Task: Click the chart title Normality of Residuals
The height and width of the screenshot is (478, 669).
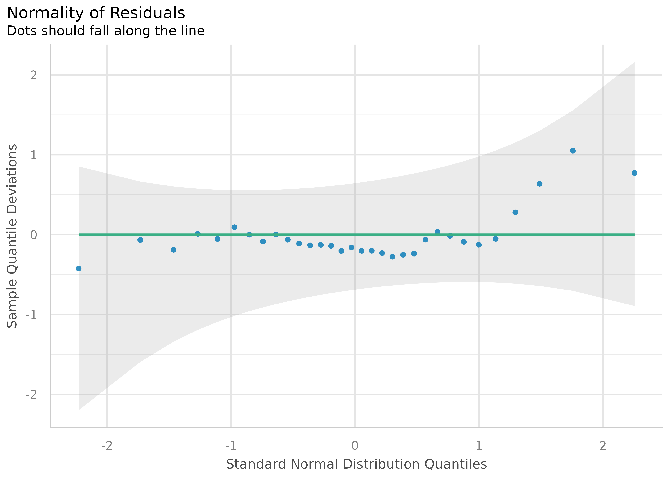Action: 96,13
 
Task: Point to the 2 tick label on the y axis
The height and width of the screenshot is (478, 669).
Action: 34,75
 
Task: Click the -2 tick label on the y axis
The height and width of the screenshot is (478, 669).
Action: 32,394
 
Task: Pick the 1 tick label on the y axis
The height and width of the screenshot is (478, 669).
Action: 34,155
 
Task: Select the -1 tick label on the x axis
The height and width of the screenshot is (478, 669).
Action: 231,446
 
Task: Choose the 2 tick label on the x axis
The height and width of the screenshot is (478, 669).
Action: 603,446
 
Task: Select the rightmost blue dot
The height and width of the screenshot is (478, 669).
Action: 635,173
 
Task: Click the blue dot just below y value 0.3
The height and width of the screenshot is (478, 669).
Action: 515,212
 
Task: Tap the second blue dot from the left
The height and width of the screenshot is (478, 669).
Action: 140,240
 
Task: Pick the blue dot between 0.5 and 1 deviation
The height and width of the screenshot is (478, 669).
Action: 540,184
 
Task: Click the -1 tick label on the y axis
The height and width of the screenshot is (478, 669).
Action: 32,315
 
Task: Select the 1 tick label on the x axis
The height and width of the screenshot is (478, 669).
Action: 479,446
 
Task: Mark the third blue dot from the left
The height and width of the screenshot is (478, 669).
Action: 174,250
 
